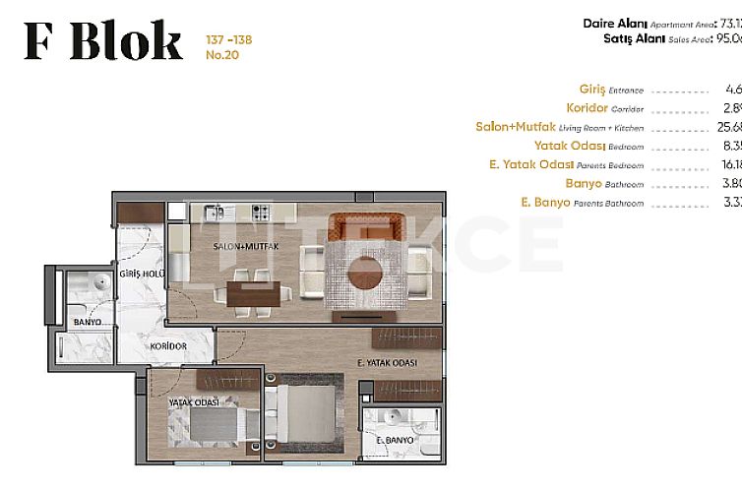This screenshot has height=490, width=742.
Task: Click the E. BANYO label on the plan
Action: (395, 442)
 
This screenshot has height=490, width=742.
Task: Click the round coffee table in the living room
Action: (365, 271)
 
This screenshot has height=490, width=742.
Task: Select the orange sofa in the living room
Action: (365, 225)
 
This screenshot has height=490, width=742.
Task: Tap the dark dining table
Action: (252, 293)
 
